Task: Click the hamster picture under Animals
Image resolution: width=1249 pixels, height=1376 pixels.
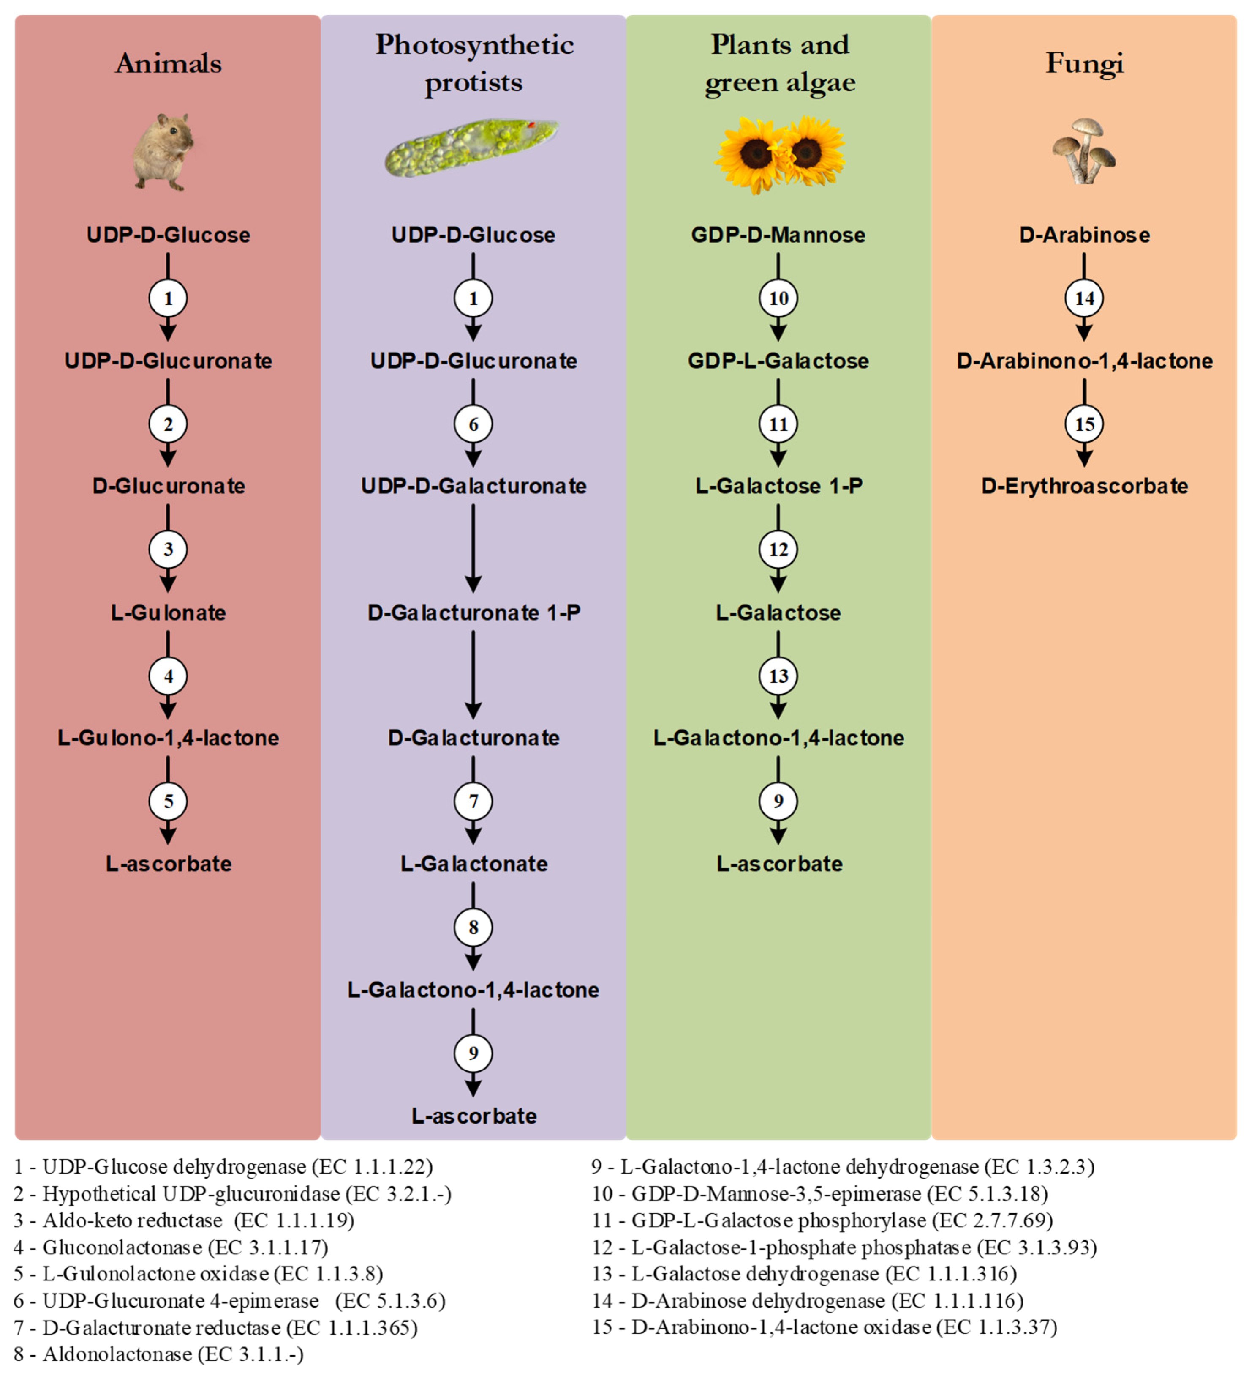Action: (x=164, y=151)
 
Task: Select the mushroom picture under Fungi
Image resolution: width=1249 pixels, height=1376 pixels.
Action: (x=1083, y=151)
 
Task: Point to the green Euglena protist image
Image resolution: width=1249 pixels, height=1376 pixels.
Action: (x=472, y=147)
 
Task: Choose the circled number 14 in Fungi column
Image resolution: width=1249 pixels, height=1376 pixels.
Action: (x=1084, y=298)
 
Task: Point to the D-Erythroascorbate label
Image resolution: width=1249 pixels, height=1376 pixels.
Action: (x=1084, y=486)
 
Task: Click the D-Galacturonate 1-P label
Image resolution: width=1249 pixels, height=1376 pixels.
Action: (x=473, y=612)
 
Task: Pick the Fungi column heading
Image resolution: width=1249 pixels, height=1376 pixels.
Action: (x=1084, y=63)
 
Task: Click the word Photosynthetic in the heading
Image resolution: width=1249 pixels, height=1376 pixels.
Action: (x=474, y=45)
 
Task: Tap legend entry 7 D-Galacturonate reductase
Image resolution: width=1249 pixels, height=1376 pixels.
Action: (x=215, y=1327)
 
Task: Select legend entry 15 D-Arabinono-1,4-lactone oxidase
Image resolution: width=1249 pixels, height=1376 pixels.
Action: (x=824, y=1327)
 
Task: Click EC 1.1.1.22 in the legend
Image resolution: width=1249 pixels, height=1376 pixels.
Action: (x=372, y=1166)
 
